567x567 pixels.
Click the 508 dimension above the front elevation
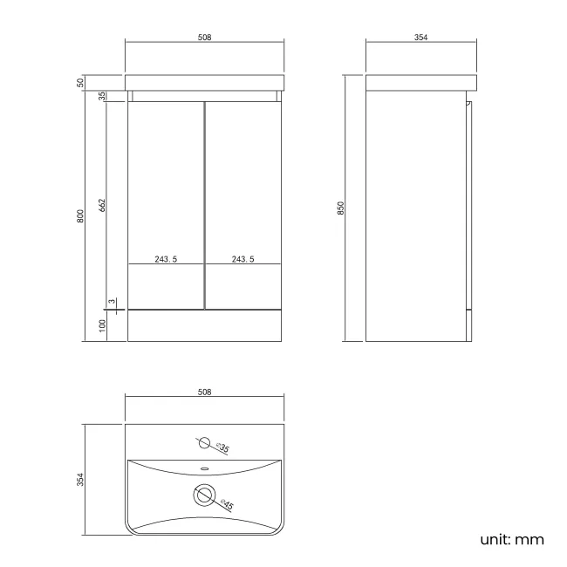[x=205, y=38]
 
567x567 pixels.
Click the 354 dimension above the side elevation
[x=421, y=38]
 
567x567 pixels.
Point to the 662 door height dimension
[x=102, y=205]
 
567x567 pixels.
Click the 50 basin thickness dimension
[x=80, y=82]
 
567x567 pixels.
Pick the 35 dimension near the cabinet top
[x=102, y=96]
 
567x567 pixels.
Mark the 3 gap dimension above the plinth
[x=111, y=301]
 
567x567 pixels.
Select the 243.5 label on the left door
[x=166, y=259]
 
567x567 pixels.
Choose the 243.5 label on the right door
[x=243, y=259]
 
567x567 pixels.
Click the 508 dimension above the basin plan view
[x=205, y=392]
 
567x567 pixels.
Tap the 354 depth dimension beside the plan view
[x=80, y=479]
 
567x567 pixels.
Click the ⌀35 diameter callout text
[x=222, y=448]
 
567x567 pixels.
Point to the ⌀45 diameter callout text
[x=225, y=504]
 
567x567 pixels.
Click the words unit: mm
[x=512, y=539]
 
